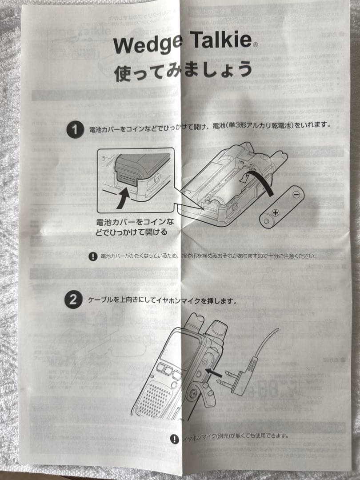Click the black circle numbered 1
click(x=74, y=130)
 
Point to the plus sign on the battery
click(x=276, y=213)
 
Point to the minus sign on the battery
click(x=296, y=194)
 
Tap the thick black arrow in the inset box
click(x=124, y=197)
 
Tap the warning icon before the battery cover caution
click(x=93, y=256)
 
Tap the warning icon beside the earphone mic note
click(x=175, y=439)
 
